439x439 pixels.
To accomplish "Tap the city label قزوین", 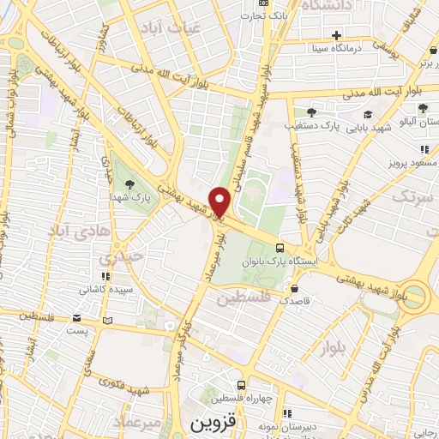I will [210, 424].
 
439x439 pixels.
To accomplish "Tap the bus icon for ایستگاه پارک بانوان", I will [280, 247].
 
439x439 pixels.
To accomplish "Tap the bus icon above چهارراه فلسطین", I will [241, 385].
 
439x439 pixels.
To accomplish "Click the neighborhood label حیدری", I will [117, 256].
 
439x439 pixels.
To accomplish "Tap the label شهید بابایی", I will [370, 127].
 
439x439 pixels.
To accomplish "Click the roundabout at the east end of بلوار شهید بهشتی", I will [418, 295].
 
